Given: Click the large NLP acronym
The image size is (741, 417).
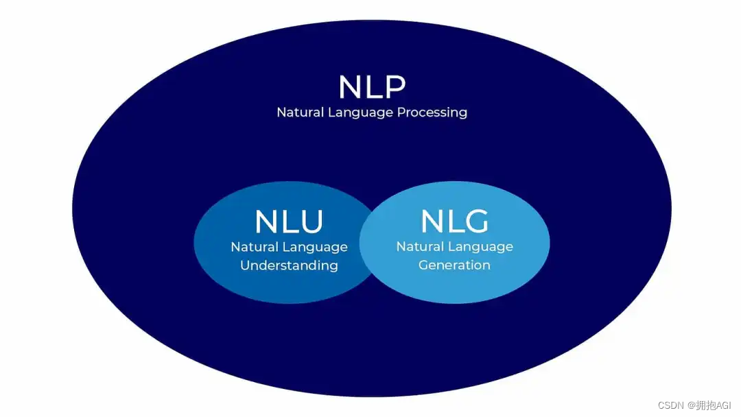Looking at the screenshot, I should click(372, 87).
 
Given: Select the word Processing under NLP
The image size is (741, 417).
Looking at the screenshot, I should click(432, 112).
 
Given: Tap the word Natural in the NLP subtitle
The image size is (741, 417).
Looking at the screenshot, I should click(299, 112).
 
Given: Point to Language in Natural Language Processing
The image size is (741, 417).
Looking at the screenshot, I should click(360, 112).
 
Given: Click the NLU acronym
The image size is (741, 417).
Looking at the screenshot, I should click(289, 222).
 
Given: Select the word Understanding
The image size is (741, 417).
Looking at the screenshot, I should click(289, 265).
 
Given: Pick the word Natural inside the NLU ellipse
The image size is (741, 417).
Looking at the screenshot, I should click(254, 247).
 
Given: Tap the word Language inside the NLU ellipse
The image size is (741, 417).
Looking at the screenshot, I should click(316, 248).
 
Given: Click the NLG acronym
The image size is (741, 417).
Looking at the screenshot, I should click(454, 221).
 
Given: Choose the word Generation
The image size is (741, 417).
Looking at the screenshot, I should click(454, 265).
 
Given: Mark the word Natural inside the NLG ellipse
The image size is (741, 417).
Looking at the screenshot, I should click(419, 246).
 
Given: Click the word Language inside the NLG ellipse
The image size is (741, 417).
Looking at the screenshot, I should click(482, 247).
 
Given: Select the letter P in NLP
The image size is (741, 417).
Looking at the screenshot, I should click(394, 87).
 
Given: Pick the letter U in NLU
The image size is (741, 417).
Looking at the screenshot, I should click(310, 222).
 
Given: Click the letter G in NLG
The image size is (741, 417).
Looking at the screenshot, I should click(475, 221).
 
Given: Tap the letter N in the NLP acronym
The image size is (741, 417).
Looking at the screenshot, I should click(350, 87).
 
